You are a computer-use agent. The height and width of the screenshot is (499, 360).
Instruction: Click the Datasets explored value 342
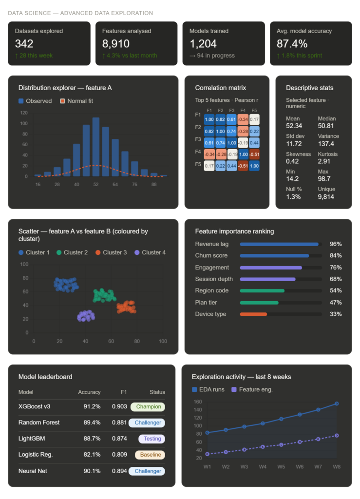(24, 44)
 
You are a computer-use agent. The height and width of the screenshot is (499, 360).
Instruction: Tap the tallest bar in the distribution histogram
(95, 147)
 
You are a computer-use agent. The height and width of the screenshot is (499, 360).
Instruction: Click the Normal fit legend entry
(76, 101)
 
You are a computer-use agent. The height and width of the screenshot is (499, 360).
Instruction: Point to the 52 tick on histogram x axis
(95, 184)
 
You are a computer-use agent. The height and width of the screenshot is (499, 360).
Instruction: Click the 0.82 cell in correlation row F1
(221, 119)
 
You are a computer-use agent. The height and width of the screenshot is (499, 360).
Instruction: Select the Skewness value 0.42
(293, 161)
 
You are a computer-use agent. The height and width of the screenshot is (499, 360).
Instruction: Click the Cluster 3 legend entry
(111, 252)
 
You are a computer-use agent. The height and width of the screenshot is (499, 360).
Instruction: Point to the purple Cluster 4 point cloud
(86, 316)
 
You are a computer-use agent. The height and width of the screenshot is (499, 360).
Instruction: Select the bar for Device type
(253, 314)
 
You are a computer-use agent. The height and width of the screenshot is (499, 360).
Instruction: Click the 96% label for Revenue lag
(335, 244)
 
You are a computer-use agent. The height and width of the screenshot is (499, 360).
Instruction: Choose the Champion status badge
(148, 407)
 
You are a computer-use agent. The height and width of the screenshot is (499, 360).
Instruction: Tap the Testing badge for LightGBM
(152, 439)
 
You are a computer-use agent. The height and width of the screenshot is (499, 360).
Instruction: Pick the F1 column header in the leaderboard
(123, 392)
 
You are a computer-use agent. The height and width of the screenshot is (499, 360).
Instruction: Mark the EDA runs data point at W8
(337, 403)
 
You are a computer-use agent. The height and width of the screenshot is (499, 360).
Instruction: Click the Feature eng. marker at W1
(208, 454)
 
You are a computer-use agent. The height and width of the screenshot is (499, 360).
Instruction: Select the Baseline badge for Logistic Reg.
(150, 455)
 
